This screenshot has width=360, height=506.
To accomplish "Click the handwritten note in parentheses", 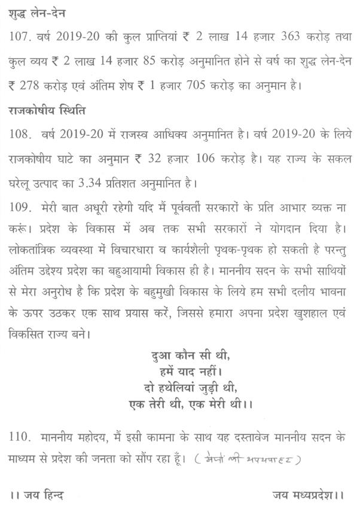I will (249, 460).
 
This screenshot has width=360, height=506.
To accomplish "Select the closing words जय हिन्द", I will (37, 495).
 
